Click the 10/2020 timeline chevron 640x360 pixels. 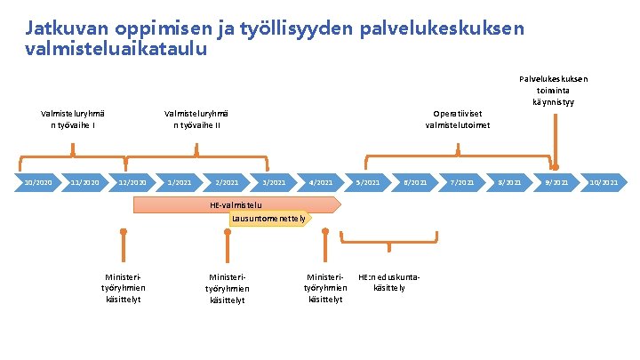tap(38, 183)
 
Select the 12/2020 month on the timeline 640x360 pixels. tap(132, 183)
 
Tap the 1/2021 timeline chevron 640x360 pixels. tap(180, 183)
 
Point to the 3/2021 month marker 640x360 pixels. tap(274, 183)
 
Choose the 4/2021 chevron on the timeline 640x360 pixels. tap(320, 183)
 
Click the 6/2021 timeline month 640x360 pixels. tap(415, 183)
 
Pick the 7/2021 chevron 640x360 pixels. tap(462, 183)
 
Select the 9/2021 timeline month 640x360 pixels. tap(556, 183)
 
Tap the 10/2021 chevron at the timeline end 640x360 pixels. tap(604, 183)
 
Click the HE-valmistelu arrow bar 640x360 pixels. tap(236, 205)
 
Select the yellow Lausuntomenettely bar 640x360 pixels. tap(268, 218)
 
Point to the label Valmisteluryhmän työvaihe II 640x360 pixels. tap(196, 119)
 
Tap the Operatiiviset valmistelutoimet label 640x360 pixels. tap(459, 119)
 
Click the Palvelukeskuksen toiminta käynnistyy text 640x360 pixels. tap(554, 91)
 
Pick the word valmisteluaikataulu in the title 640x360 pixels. tap(116, 49)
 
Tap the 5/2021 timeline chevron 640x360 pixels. tap(368, 183)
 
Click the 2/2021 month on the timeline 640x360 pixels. tap(227, 183)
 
